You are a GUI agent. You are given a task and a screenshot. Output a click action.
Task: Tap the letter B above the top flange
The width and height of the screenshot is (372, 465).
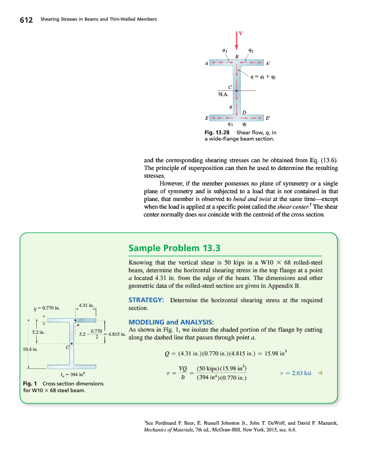point(237,56)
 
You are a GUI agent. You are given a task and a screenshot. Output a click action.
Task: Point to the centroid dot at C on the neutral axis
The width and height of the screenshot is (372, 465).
point(237,90)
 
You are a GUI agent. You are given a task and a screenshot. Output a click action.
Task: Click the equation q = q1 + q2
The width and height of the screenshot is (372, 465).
point(263,77)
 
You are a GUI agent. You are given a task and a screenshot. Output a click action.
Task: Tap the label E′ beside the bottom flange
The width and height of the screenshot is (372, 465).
point(268,118)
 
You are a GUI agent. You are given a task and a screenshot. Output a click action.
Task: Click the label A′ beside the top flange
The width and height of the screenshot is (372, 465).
point(268,64)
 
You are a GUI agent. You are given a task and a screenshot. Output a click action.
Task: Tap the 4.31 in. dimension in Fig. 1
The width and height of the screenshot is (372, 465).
point(86,305)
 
